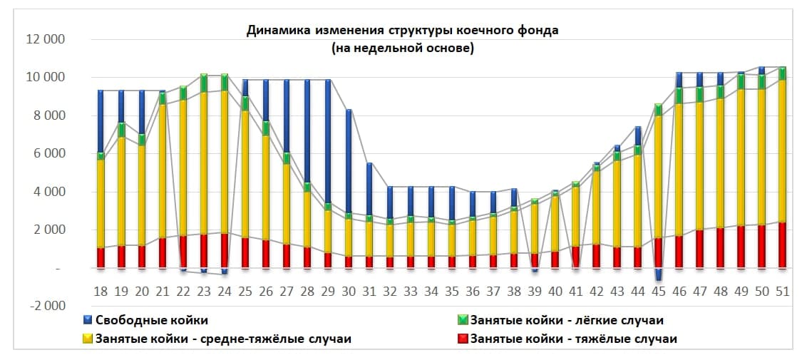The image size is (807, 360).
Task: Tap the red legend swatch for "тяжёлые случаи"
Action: [462, 339]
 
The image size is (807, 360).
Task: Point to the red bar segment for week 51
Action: [782, 245]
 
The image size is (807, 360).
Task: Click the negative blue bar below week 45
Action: [658, 274]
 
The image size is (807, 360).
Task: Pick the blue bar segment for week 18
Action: [101, 121]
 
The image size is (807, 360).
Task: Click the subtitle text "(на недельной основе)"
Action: [403, 49]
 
